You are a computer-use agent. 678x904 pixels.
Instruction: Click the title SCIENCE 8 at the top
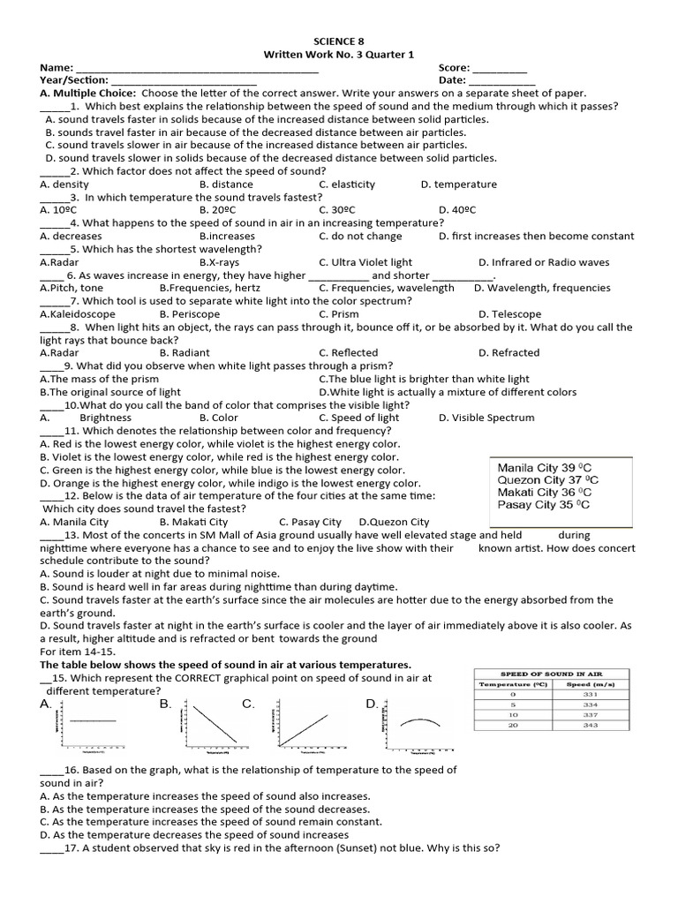tap(338, 41)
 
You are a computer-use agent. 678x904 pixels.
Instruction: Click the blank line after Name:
tap(197, 69)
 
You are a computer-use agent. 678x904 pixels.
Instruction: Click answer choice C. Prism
tap(339, 314)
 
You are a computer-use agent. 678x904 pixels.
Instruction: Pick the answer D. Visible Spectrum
tap(486, 418)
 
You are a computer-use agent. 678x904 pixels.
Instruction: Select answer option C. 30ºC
tap(337, 210)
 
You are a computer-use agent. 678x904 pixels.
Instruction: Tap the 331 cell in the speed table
tap(591, 695)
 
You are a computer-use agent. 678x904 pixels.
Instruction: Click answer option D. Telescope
tap(509, 314)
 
